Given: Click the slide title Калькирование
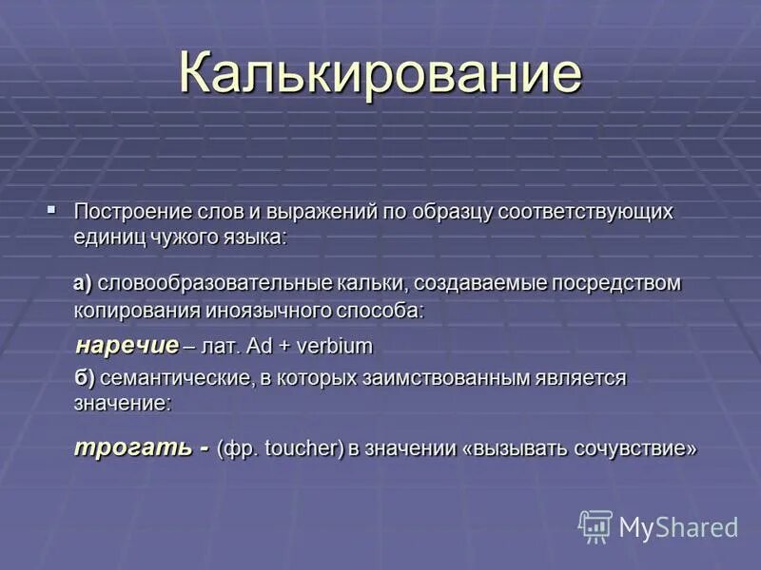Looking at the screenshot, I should coord(380,74).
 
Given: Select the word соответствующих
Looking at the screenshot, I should coord(584,212).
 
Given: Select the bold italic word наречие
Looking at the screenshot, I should coord(127,344).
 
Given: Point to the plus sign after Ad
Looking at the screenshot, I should coord(282,345).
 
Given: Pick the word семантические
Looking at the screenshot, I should coord(175,378).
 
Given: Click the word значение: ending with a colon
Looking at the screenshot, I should coord(123,403).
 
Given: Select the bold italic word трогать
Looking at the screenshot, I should coord(133,447).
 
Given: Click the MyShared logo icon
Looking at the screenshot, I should coord(595,526).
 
